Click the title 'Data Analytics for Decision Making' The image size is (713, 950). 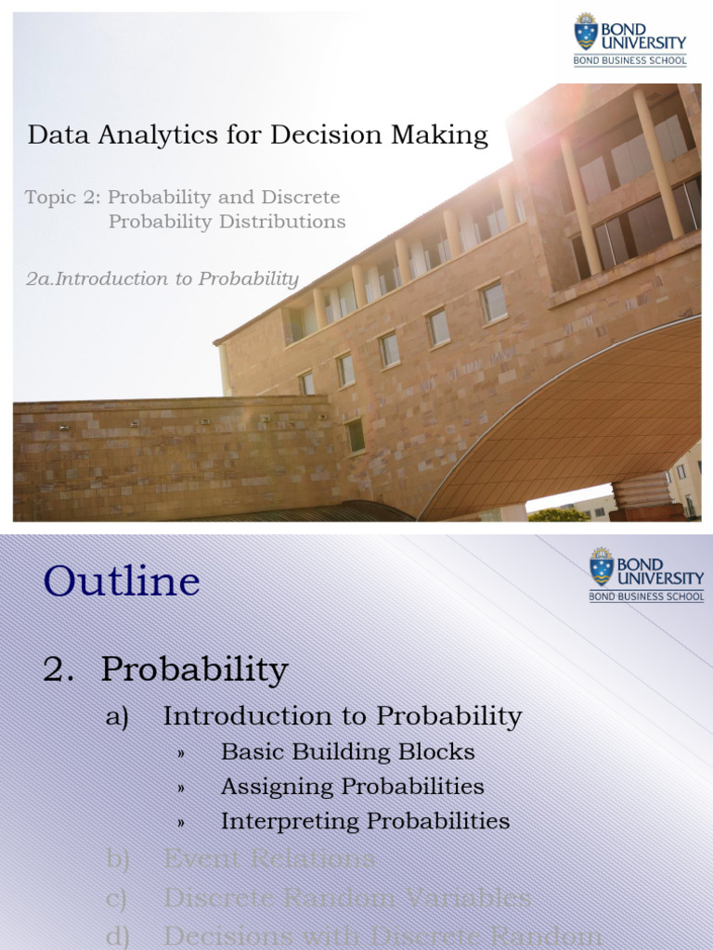pyautogui.click(x=257, y=135)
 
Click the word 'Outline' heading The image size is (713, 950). pyautogui.click(x=122, y=582)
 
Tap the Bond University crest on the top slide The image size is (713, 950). pyautogui.click(x=586, y=32)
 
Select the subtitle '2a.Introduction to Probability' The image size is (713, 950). pyautogui.click(x=162, y=279)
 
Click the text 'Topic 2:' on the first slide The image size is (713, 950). pyautogui.click(x=63, y=198)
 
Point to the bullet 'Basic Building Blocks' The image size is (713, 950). pyautogui.click(x=347, y=751)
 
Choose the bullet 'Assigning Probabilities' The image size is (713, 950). pyautogui.click(x=352, y=787)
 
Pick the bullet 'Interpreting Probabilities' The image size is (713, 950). pyautogui.click(x=365, y=821)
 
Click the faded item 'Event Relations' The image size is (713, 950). pyautogui.click(x=269, y=859)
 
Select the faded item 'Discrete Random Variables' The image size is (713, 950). pyautogui.click(x=347, y=898)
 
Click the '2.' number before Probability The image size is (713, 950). pyautogui.click(x=58, y=670)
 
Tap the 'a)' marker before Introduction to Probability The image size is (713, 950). pyautogui.click(x=117, y=717)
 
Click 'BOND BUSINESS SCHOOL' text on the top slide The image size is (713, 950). pyautogui.click(x=630, y=61)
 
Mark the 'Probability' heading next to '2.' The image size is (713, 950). pyautogui.click(x=195, y=670)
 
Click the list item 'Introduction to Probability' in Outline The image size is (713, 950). pyautogui.click(x=343, y=716)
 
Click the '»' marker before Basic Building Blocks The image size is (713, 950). pyautogui.click(x=182, y=752)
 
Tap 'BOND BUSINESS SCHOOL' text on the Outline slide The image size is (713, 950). pyautogui.click(x=646, y=597)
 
